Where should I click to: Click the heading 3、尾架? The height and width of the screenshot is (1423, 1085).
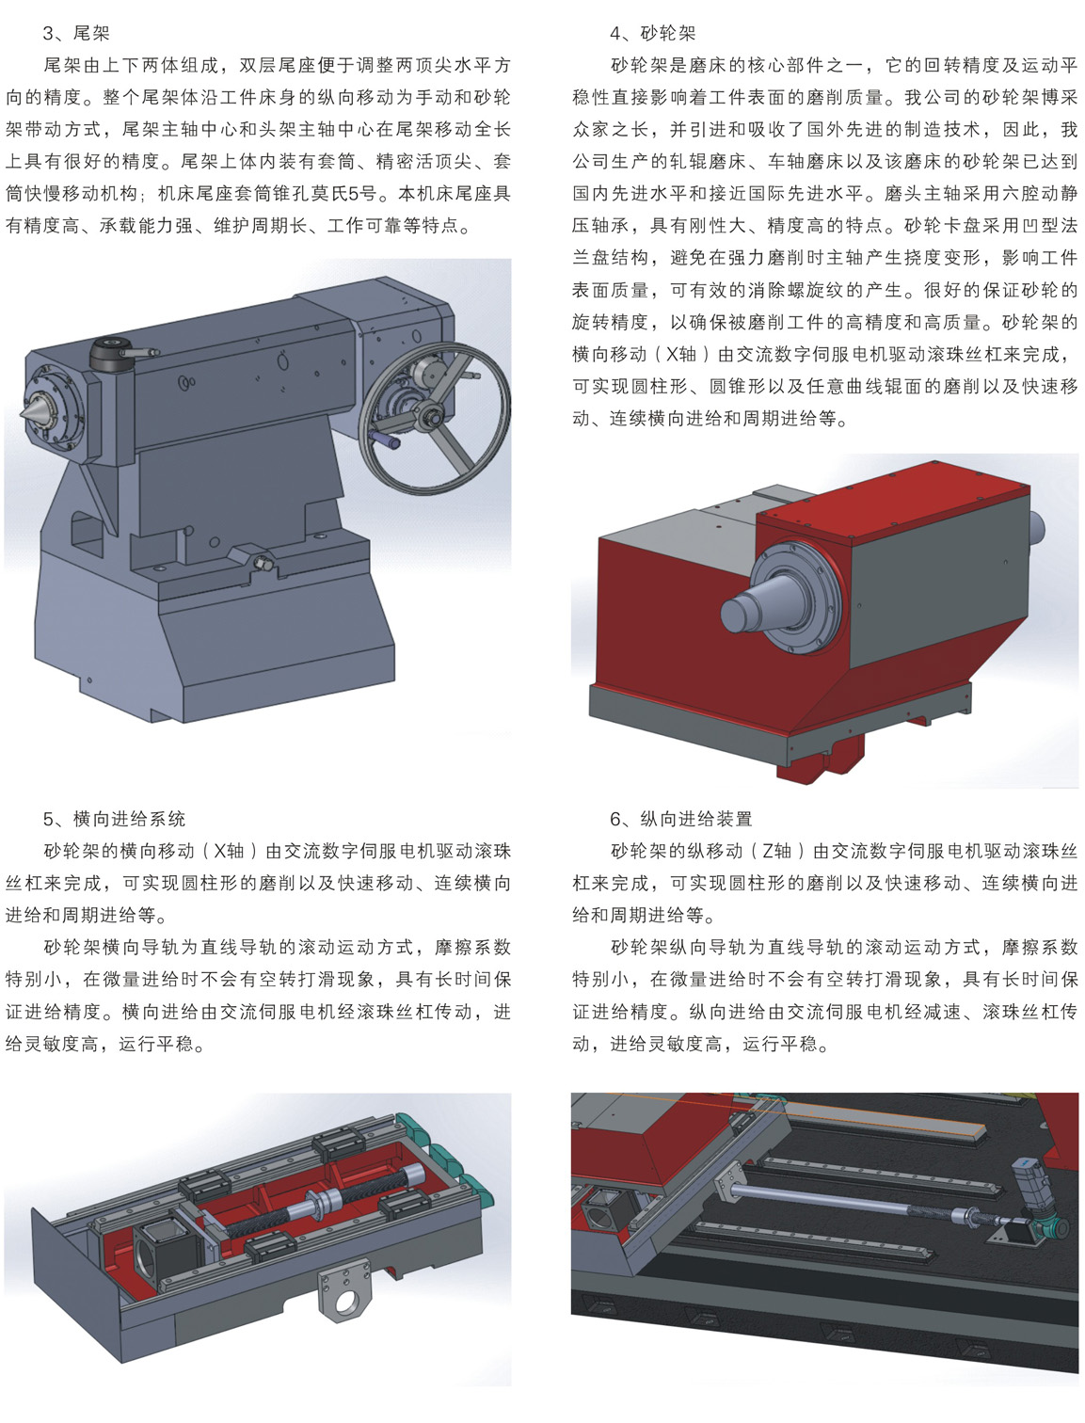tap(76, 33)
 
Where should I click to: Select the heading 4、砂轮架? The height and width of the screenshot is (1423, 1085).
tap(653, 33)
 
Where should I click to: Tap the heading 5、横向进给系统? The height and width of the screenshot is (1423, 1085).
tap(115, 819)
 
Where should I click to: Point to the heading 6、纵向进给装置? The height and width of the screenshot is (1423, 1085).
tap(681, 819)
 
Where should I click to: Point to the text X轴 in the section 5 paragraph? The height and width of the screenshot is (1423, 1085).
tap(230, 851)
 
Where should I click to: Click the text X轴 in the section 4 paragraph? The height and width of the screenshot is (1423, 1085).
tap(681, 355)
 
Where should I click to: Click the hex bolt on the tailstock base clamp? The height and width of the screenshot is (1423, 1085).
tap(263, 563)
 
